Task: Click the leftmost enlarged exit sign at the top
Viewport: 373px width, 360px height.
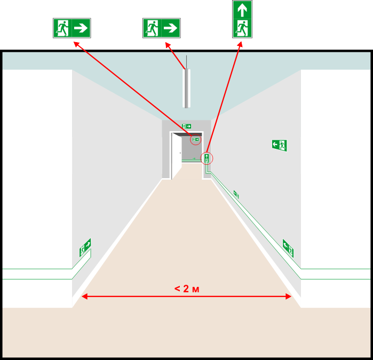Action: (x=72, y=28)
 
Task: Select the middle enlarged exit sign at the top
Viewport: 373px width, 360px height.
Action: (x=162, y=28)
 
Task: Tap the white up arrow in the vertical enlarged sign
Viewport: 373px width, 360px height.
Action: (x=242, y=10)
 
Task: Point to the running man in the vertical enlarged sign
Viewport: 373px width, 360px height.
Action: (x=242, y=29)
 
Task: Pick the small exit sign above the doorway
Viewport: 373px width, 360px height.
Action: (x=187, y=126)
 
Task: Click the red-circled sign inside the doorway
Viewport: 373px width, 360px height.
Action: (x=195, y=140)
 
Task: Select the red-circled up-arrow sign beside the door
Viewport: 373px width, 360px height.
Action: (x=207, y=158)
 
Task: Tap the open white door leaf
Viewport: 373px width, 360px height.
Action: (x=177, y=156)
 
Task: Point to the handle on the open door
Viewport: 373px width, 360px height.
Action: (x=180, y=153)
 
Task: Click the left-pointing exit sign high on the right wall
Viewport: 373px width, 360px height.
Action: (x=280, y=145)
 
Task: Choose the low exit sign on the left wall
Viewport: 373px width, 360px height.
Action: (x=85, y=247)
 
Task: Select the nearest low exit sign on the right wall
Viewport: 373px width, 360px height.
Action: (x=288, y=249)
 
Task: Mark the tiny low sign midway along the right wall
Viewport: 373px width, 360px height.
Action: (x=236, y=194)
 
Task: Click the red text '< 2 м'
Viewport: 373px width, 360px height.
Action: (x=187, y=289)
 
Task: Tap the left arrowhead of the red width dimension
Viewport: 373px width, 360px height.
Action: (x=84, y=297)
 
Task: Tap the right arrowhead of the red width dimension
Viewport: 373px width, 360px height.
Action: (x=288, y=297)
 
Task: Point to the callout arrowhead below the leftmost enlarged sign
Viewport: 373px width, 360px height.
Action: (x=76, y=44)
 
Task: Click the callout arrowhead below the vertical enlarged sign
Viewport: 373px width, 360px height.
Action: (x=240, y=44)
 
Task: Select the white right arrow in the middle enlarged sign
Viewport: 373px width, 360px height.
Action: (x=171, y=28)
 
